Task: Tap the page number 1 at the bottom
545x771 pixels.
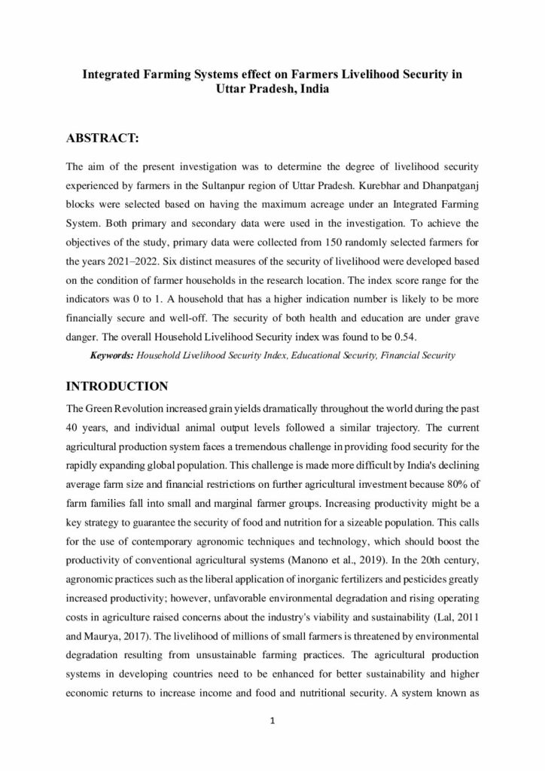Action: tap(272, 722)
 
